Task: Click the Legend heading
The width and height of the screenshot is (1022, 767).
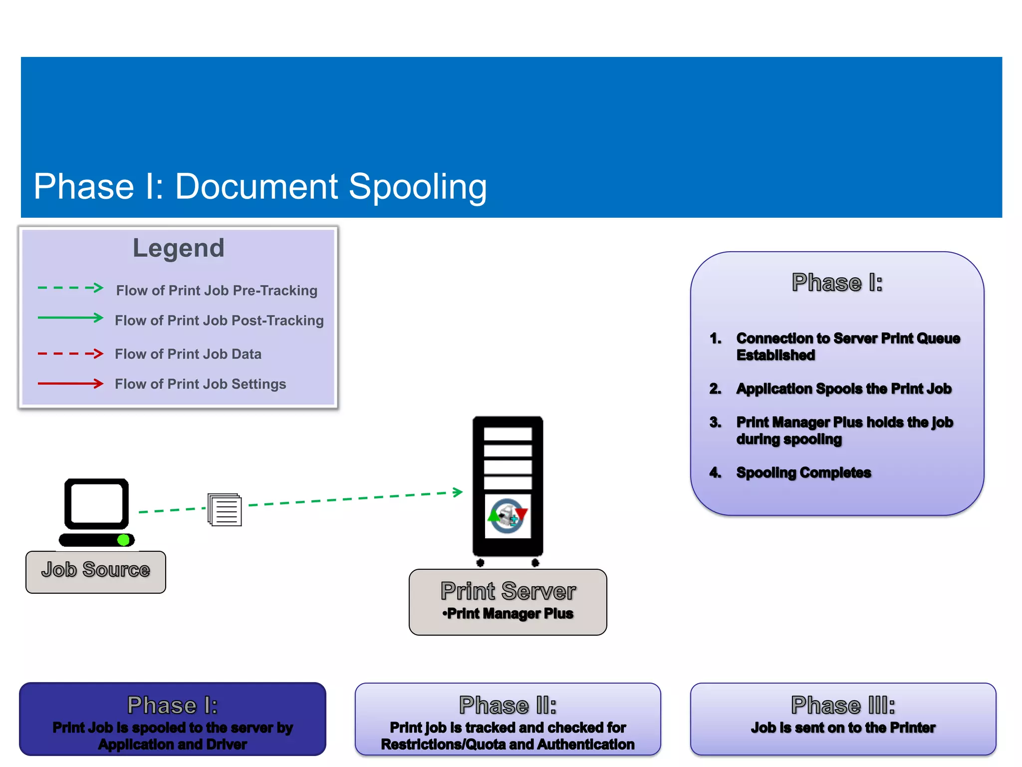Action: coord(178,248)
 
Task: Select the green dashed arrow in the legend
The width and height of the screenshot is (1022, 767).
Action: coord(70,288)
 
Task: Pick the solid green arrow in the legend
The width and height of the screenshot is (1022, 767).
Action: coord(70,318)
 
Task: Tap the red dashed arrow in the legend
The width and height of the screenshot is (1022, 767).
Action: coord(70,354)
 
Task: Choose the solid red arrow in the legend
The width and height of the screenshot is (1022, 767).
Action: coord(70,384)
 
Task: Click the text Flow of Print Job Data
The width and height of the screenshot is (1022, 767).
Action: coord(188,354)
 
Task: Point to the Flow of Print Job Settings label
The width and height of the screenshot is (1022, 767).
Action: coord(200,384)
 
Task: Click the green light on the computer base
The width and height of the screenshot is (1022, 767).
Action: coord(123,540)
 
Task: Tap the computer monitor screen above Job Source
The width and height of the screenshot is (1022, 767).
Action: coord(96,503)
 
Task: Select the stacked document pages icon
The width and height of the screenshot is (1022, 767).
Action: coord(225,510)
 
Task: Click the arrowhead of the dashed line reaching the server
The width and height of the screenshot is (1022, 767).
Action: coord(458,492)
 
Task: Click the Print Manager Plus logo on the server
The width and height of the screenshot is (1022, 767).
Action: coord(508,516)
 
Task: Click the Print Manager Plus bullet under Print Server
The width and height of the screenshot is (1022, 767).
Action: coord(508,614)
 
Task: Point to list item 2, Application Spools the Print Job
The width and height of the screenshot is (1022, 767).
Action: coord(843,389)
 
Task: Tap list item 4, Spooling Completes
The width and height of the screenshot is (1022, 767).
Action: coord(803,473)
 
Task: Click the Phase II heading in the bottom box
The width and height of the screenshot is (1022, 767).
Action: coord(508,706)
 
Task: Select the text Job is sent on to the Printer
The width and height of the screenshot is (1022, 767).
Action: coord(843,728)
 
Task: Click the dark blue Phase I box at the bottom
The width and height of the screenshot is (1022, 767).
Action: coord(172,719)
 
